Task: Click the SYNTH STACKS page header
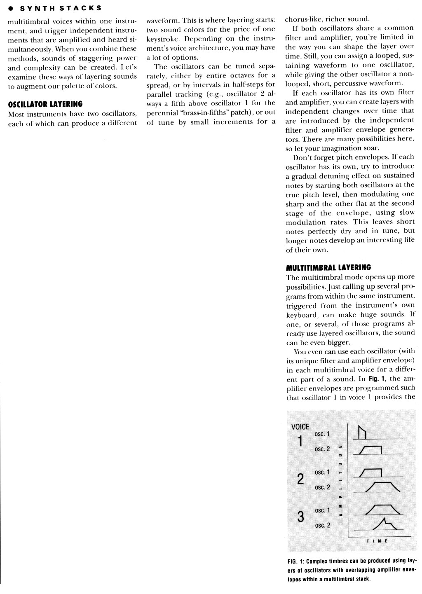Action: tap(58, 8)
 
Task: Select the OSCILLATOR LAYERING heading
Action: tap(45, 104)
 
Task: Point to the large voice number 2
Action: tap(300, 479)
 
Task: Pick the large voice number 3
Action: tap(301, 517)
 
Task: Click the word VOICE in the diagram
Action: tap(300, 427)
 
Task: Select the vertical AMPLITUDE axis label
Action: tap(340, 480)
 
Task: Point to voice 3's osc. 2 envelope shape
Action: tap(385, 523)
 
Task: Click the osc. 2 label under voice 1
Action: tap(322, 449)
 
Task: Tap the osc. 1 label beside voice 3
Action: tap(322, 510)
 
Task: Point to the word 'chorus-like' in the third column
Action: tap(301, 19)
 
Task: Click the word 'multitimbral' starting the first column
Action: tap(26, 21)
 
